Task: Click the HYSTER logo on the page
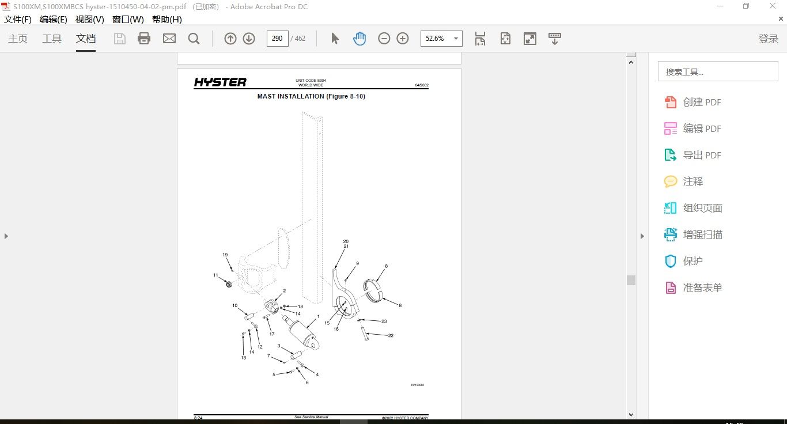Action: point(220,82)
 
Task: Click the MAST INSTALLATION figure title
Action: point(311,96)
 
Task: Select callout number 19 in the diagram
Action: point(225,255)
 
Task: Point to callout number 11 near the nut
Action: point(216,275)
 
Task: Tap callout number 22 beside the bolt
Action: point(391,335)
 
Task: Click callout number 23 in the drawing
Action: point(384,321)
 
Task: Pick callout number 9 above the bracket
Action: point(357,263)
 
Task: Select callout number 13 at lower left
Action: point(244,358)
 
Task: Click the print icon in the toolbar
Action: point(144,39)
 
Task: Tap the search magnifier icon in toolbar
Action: point(194,39)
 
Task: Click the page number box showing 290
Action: point(277,39)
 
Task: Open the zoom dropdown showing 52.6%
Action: point(441,39)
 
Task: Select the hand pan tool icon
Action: point(360,39)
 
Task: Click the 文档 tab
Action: point(86,39)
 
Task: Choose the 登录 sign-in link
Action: point(769,39)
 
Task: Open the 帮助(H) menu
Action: point(167,19)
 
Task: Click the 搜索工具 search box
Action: point(718,71)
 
